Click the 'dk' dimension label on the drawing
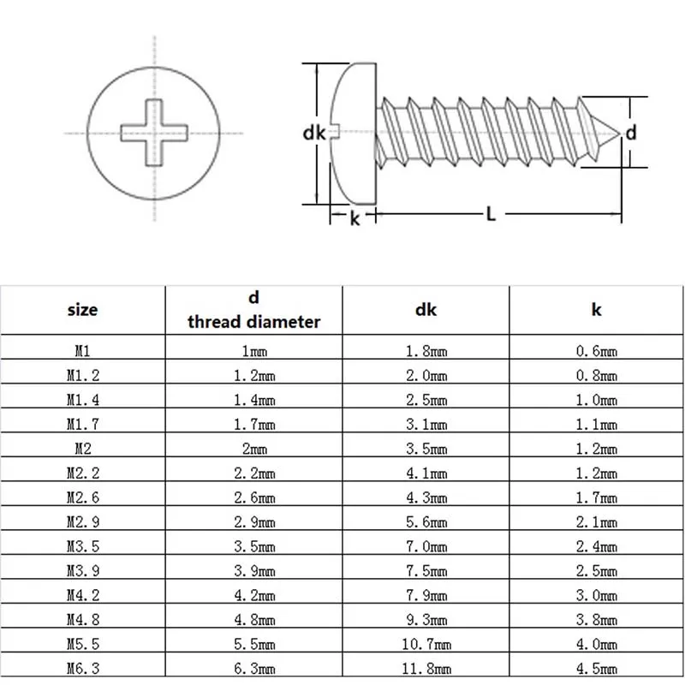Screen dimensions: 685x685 pyautogui.click(x=314, y=133)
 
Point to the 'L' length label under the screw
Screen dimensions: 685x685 pyautogui.click(x=491, y=215)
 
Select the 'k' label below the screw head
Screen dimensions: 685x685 pyautogui.click(x=354, y=218)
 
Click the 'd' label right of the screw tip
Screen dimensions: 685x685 pyautogui.click(x=631, y=133)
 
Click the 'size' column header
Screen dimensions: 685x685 pyautogui.click(x=83, y=310)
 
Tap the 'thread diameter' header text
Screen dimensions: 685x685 pyautogui.click(x=254, y=322)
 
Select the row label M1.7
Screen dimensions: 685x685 pyautogui.click(x=83, y=424)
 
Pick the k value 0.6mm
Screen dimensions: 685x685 pyautogui.click(x=596, y=350)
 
